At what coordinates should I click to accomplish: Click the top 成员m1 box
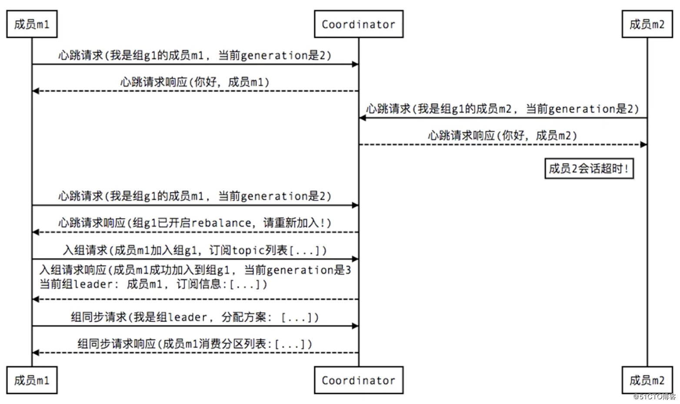pyautogui.click(x=32, y=24)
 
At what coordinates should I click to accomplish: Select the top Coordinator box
pyautogui.click(x=359, y=24)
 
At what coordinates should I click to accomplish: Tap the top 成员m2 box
pyautogui.click(x=647, y=24)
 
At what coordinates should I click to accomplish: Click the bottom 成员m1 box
pyautogui.click(x=32, y=380)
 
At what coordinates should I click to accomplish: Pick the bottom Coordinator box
pyautogui.click(x=359, y=380)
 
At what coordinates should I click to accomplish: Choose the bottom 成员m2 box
pyautogui.click(x=647, y=380)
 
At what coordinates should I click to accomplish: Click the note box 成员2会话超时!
pyautogui.click(x=589, y=169)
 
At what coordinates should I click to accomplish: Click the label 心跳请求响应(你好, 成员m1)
pyautogui.click(x=195, y=82)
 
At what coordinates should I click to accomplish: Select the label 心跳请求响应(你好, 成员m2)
pyautogui.click(x=502, y=135)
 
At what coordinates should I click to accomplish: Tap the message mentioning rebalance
pyautogui.click(x=195, y=223)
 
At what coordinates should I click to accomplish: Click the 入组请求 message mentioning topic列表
pyautogui.click(x=195, y=250)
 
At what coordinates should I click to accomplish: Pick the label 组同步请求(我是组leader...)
pyautogui.click(x=195, y=317)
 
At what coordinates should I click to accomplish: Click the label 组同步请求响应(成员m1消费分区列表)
pyautogui.click(x=195, y=344)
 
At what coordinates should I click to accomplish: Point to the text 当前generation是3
pyautogui.click(x=297, y=270)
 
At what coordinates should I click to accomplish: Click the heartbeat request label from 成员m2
pyautogui.click(x=502, y=109)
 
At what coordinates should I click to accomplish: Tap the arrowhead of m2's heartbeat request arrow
pyautogui.click(x=362, y=118)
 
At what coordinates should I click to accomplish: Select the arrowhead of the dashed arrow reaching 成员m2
pyautogui.click(x=643, y=145)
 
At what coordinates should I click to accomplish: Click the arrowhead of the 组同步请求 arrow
pyautogui.click(x=355, y=326)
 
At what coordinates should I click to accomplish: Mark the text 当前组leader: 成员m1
pyautogui.click(x=101, y=284)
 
